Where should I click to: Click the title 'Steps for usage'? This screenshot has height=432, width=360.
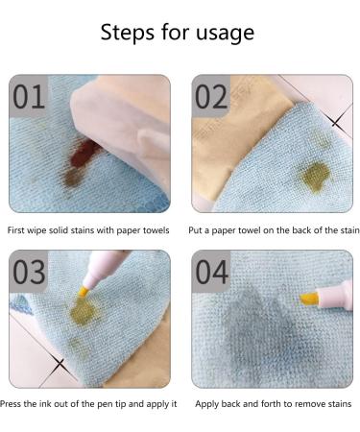tap(178, 32)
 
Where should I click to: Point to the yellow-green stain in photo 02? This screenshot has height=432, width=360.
tap(314, 175)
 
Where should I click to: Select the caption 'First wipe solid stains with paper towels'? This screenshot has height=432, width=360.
tap(88, 230)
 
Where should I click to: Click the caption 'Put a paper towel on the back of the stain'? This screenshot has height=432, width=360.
tap(274, 230)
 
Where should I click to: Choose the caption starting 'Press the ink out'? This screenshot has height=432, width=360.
tap(90, 404)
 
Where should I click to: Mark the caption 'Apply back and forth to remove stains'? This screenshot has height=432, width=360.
tap(274, 404)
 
